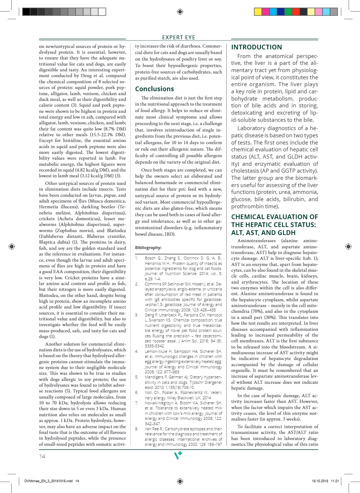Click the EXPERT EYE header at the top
pos(179,37)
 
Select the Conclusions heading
pos(154,89)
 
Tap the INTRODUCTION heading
pos(256,47)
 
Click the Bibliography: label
pos(148,248)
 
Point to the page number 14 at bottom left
pos(42,456)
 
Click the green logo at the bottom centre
pos(178,456)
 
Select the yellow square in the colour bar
pos(258,12)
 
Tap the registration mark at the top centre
pos(180,12)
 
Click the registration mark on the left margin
pos(12,246)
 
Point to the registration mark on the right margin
pos(348,246)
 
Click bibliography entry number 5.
pos(137,377)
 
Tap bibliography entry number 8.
pos(137,429)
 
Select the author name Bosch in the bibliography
pos(150,258)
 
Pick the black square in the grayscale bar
pos(26,12)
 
